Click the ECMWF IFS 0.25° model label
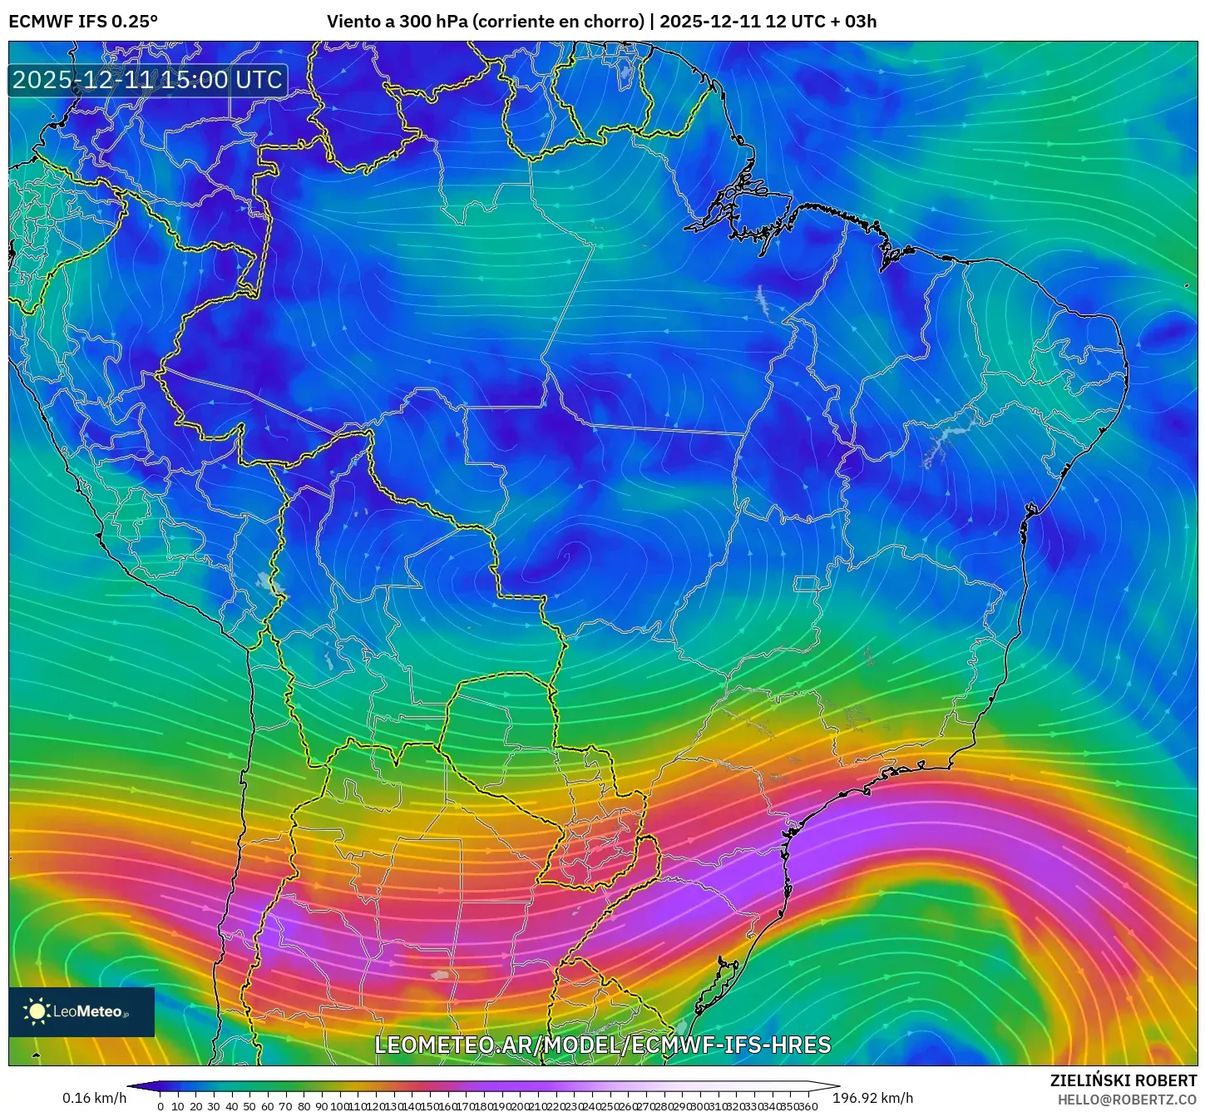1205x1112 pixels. pos(83,22)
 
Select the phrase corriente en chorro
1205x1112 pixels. pos(558,22)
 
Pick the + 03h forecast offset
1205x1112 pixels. pos(853,22)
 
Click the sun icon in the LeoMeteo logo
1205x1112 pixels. pos(37,1011)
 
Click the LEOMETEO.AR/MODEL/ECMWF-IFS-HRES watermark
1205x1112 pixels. pos(603,1045)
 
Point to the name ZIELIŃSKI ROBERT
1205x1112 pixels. pos(1123,1081)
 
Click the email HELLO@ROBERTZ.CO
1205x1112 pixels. pos(1127,1100)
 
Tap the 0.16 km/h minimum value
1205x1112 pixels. pos(94,1098)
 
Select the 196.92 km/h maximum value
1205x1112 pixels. pos(872,1098)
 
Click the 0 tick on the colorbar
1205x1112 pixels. pos(161,1106)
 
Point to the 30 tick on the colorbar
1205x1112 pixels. pos(214,1106)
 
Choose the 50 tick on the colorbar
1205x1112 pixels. pos(249,1106)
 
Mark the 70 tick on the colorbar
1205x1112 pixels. pos(285,1106)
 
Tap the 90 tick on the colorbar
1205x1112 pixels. pos(321,1106)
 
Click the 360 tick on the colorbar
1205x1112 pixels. pos(807,1106)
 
